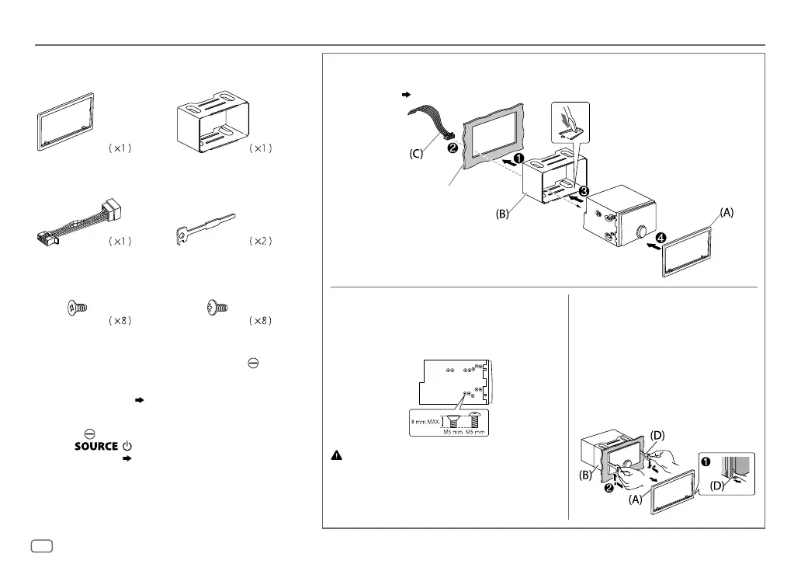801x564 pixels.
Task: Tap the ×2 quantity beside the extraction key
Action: [x=258, y=242]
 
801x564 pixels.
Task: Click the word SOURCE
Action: [x=95, y=447]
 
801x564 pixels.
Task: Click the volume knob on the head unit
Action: [x=641, y=232]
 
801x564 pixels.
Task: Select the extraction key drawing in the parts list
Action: [x=204, y=230]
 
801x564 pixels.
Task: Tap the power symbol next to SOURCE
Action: [x=127, y=447]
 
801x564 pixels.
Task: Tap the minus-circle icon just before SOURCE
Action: [x=90, y=433]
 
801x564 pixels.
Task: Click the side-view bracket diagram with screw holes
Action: [x=452, y=381]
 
